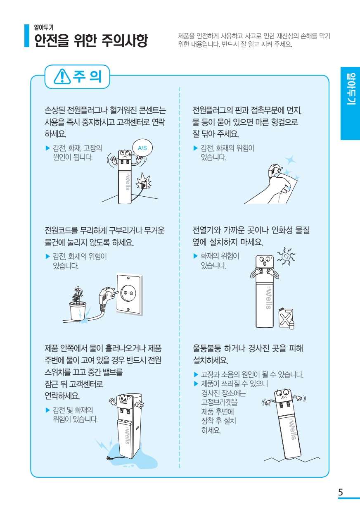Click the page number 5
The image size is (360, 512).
click(x=340, y=492)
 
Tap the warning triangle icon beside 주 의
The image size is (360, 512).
click(x=62, y=77)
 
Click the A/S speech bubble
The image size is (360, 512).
click(x=142, y=148)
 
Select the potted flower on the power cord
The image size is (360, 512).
click(x=78, y=303)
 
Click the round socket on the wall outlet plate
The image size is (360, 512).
click(x=128, y=293)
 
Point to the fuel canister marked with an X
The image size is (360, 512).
click(x=286, y=318)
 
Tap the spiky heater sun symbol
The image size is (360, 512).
click(x=286, y=256)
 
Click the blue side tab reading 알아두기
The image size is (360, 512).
click(x=350, y=103)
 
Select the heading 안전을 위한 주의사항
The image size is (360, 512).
click(x=91, y=40)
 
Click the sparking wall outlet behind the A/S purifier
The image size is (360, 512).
click(x=144, y=183)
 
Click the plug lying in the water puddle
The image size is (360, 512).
click(x=109, y=457)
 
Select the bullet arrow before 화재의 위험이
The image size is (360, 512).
click(x=196, y=256)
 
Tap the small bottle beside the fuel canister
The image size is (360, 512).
click(x=292, y=324)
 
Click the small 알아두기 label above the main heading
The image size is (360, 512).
click(x=44, y=27)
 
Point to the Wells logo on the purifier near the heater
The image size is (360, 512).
click(x=269, y=299)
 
